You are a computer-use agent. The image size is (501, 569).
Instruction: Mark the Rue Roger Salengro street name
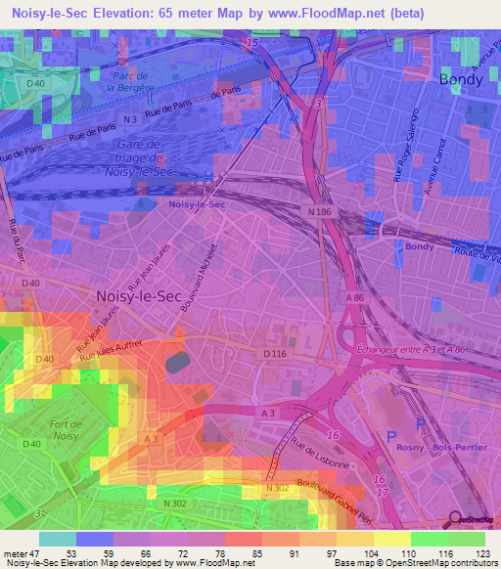click(398, 161)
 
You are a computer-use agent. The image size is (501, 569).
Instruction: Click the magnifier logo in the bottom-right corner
click(455, 519)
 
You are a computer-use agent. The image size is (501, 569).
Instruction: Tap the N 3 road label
click(128, 119)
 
